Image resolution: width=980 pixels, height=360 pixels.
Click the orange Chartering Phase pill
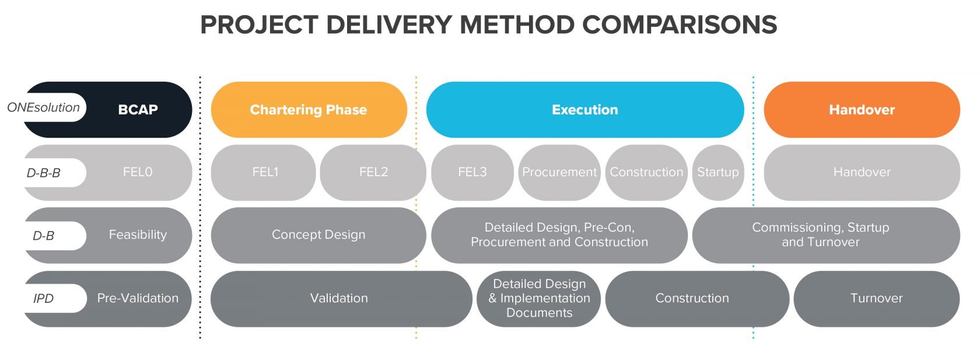pyautogui.click(x=309, y=110)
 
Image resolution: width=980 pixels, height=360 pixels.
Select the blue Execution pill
pyautogui.click(x=584, y=110)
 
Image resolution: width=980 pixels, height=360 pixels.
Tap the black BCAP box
pyautogui.click(x=138, y=110)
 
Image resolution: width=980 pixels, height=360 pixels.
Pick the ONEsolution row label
pyautogui.click(x=44, y=107)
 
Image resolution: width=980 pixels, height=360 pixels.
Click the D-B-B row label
pyautogui.click(x=44, y=173)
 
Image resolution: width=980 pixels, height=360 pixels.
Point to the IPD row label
pyautogui.click(x=44, y=299)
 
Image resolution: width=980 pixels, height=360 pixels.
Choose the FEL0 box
pyautogui.click(x=138, y=172)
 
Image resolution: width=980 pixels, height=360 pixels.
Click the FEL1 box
pyautogui.click(x=265, y=172)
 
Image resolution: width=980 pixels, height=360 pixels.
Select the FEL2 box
pyautogui.click(x=373, y=172)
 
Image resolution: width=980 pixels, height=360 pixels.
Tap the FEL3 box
pyautogui.click(x=472, y=172)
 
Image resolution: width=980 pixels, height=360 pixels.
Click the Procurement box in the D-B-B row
pyautogui.click(x=559, y=172)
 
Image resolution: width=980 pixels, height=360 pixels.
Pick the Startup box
pyautogui.click(x=717, y=172)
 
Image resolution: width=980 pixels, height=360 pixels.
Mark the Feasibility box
pyautogui.click(x=138, y=235)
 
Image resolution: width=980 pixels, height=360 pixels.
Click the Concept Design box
pyautogui.click(x=318, y=235)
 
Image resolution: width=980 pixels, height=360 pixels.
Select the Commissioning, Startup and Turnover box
pyautogui.click(x=820, y=235)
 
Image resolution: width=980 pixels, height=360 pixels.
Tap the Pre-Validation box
pyautogui.click(x=138, y=298)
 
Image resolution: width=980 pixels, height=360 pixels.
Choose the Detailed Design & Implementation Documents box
pyautogui.click(x=539, y=298)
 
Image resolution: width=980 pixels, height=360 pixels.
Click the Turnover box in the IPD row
pyautogui.click(x=876, y=298)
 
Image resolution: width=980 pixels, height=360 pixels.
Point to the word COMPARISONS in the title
pyautogui.click(x=680, y=25)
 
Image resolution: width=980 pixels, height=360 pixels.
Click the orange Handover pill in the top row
pyautogui.click(x=862, y=110)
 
